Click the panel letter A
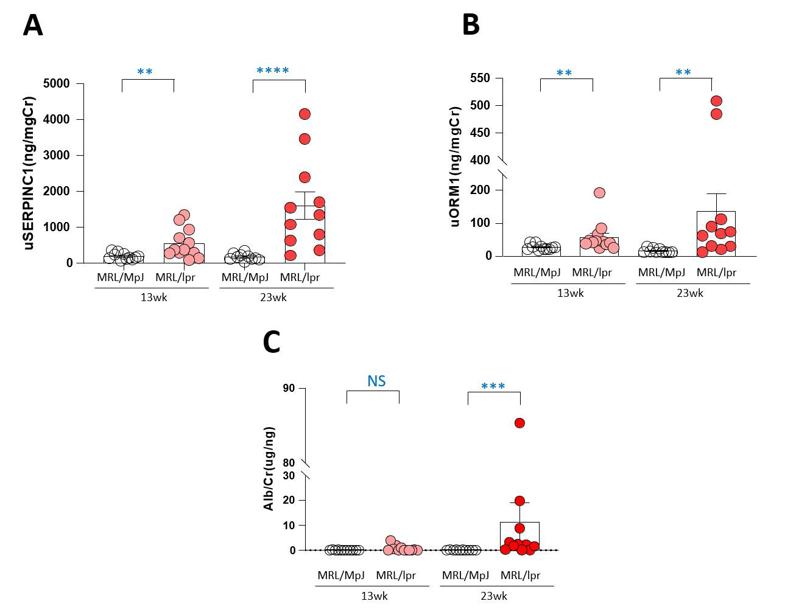[x=33, y=26]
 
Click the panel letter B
[x=471, y=26]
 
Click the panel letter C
[x=272, y=342]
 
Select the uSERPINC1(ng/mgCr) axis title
[x=29, y=173]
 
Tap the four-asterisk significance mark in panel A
[x=273, y=71]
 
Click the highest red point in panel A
[x=304, y=114]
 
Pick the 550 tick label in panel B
[x=481, y=78]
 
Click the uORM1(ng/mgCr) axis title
[x=455, y=166]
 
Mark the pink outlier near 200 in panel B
[x=599, y=193]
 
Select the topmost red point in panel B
[x=716, y=101]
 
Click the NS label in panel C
[x=376, y=381]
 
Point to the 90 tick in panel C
[x=289, y=388]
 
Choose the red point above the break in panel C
[x=519, y=423]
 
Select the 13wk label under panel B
[x=570, y=293]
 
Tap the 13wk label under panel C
[x=374, y=596]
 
